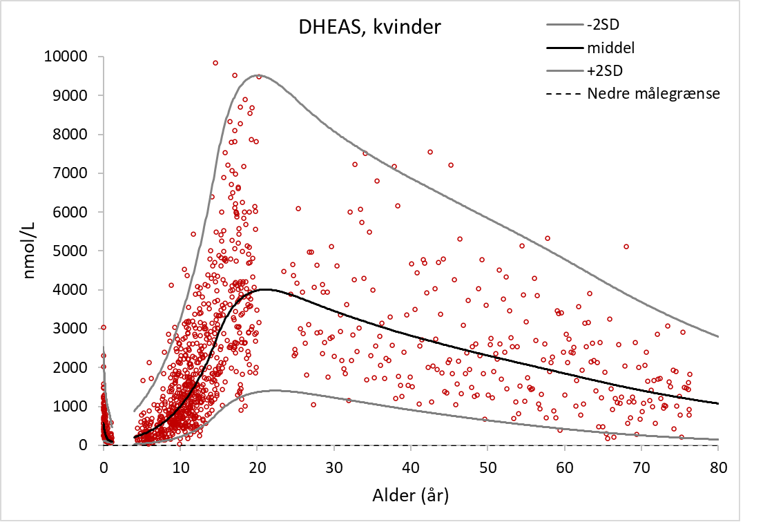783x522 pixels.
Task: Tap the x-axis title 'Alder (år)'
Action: click(410, 495)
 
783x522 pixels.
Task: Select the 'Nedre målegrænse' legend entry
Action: click(653, 93)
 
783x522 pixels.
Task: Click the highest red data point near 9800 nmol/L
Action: click(215, 63)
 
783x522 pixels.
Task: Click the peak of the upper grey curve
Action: click(258, 75)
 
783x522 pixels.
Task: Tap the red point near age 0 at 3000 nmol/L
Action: click(104, 327)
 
